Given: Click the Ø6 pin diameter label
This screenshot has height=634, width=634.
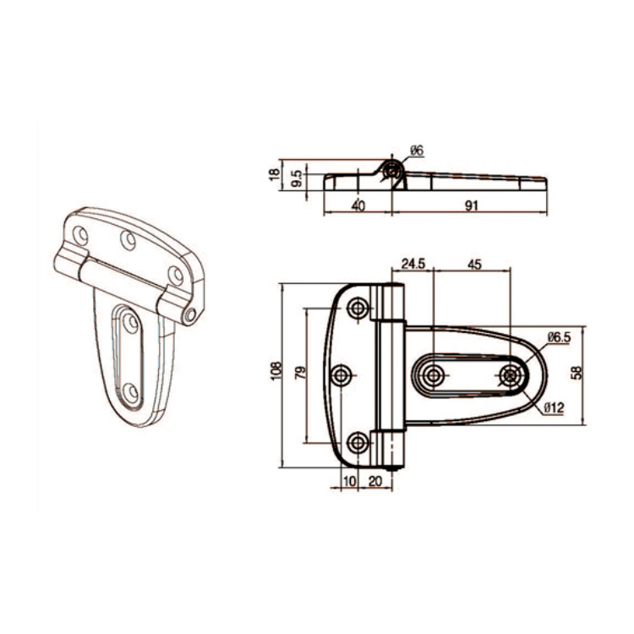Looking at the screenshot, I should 417,150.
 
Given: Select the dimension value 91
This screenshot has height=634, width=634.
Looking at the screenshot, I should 470,205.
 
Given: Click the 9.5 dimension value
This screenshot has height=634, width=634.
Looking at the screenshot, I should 295,178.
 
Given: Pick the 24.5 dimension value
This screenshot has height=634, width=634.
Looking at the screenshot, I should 413,264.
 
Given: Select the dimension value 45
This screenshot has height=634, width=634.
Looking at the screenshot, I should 473,264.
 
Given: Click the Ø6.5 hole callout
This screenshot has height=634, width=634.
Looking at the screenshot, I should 559,337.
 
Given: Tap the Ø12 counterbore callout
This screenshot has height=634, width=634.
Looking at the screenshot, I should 554,408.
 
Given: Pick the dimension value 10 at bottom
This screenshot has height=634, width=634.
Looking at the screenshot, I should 348,480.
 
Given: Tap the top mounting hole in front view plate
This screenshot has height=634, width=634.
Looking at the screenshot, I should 358,306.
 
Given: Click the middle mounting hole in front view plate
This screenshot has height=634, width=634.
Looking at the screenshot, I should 343,374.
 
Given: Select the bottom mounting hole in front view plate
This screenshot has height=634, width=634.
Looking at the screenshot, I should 358,441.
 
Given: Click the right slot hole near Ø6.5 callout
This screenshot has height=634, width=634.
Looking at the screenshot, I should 510,374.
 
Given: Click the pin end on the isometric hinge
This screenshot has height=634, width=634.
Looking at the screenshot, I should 192,315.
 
